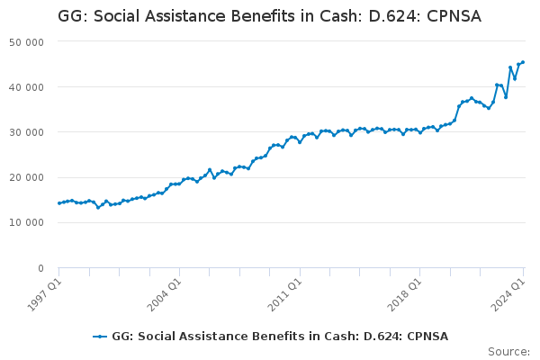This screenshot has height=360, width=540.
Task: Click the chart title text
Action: pyautogui.click(x=269, y=16)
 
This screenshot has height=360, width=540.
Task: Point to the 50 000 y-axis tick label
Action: pyautogui.click(x=28, y=42)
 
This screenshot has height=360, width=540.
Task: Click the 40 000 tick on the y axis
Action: pyautogui.click(x=28, y=87)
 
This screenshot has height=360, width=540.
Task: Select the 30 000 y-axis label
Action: pyautogui.click(x=28, y=132)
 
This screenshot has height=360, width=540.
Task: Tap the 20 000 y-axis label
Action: pyautogui.click(x=28, y=177)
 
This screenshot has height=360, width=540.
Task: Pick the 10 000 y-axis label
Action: pyautogui.click(x=28, y=222)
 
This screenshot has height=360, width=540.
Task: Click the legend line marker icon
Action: pyautogui.click(x=100, y=337)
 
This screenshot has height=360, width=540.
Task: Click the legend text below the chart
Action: pyautogui.click(x=280, y=337)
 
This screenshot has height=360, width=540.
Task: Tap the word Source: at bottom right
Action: pyautogui.click(x=508, y=351)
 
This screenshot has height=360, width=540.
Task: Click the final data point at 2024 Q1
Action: pyautogui.click(x=523, y=62)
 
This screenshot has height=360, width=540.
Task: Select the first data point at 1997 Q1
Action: pyautogui.click(x=59, y=203)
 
